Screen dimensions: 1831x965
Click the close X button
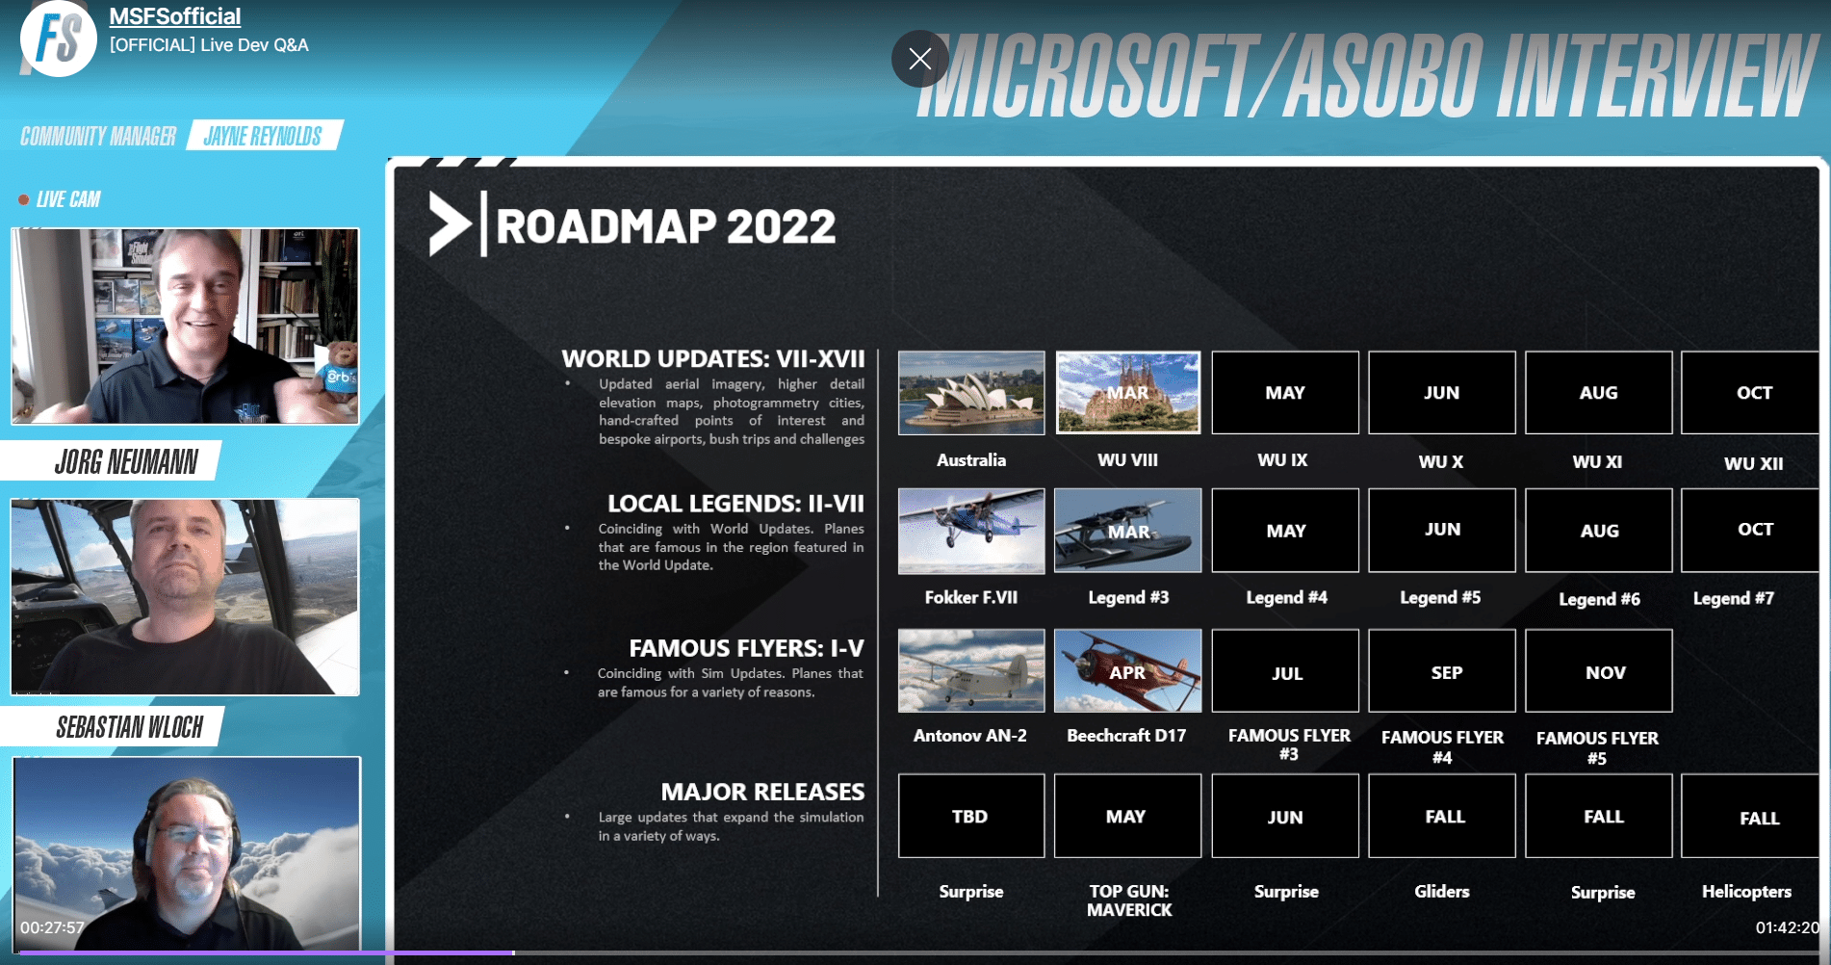click(x=919, y=59)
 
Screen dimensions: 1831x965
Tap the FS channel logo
click(x=59, y=39)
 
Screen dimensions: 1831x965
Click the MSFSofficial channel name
click(x=174, y=16)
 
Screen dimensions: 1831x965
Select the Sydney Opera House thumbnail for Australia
click(x=971, y=393)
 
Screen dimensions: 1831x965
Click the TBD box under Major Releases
click(x=971, y=816)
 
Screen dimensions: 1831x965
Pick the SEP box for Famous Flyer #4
click(x=1442, y=671)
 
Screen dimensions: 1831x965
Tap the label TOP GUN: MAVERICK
click(x=1129, y=900)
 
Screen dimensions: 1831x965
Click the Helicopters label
click(x=1746, y=892)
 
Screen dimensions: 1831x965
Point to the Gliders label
click(x=1442, y=892)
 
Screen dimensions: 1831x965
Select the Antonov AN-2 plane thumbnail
click(x=971, y=671)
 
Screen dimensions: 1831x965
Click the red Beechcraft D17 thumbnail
click(x=1128, y=671)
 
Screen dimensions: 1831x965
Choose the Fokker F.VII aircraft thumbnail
click(x=971, y=531)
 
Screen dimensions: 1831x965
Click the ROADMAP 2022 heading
click(x=665, y=226)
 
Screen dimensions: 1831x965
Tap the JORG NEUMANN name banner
click(x=126, y=462)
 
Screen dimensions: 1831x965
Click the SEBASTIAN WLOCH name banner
click(x=129, y=727)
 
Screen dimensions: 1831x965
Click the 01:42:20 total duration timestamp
click(x=1787, y=927)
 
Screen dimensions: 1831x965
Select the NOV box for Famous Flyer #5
click(x=1599, y=671)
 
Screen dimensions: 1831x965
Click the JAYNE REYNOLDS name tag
click(x=263, y=136)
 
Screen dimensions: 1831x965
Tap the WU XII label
click(x=1753, y=463)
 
